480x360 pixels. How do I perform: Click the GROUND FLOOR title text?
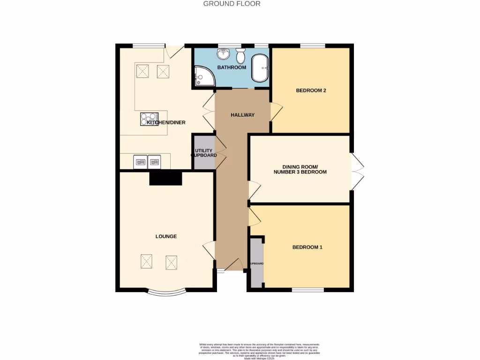tap(232, 4)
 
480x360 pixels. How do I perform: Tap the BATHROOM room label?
tap(231, 67)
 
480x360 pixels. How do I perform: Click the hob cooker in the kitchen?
tap(150, 119)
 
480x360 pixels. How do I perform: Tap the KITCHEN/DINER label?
tap(166, 123)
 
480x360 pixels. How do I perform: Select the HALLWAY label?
tap(242, 115)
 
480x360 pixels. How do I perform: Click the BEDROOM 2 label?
tap(311, 90)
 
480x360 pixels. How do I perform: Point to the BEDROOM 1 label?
tap(307, 247)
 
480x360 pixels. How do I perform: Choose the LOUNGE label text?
tap(166, 236)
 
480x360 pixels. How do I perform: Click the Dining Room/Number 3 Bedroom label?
tap(300, 170)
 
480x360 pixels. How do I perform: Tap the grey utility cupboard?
tap(203, 152)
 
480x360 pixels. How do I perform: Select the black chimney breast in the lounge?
tap(165, 178)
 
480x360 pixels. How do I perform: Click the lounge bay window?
tap(166, 293)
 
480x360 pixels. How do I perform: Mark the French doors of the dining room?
tap(357, 171)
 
